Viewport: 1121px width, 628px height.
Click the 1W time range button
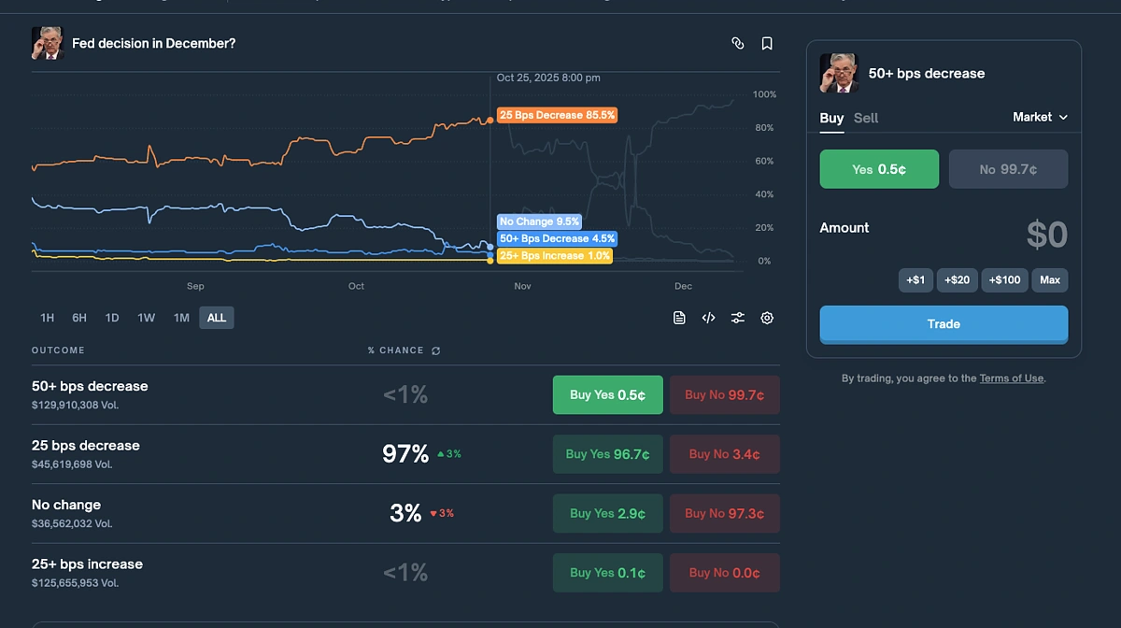click(146, 318)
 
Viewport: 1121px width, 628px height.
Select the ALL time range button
click(217, 318)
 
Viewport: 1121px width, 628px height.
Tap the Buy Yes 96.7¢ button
click(607, 454)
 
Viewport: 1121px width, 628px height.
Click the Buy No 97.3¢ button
click(724, 513)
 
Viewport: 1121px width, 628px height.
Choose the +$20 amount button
click(957, 280)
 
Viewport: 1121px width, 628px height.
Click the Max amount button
click(1049, 280)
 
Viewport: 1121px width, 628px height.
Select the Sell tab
click(866, 118)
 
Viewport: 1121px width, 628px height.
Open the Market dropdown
click(1040, 117)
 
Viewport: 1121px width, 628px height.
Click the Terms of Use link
click(1011, 378)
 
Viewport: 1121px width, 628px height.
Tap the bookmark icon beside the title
click(767, 43)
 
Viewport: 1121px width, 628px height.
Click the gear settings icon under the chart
click(767, 318)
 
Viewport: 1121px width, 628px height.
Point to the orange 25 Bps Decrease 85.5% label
click(557, 115)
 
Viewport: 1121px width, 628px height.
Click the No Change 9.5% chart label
click(539, 221)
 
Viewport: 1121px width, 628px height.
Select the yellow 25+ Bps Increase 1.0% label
click(555, 255)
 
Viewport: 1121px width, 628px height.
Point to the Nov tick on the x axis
click(522, 286)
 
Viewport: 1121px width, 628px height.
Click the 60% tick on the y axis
click(763, 162)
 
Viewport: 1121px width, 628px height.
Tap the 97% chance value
click(405, 454)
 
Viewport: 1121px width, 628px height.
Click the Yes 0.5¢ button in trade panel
click(879, 169)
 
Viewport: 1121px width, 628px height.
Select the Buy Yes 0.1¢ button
click(607, 573)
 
